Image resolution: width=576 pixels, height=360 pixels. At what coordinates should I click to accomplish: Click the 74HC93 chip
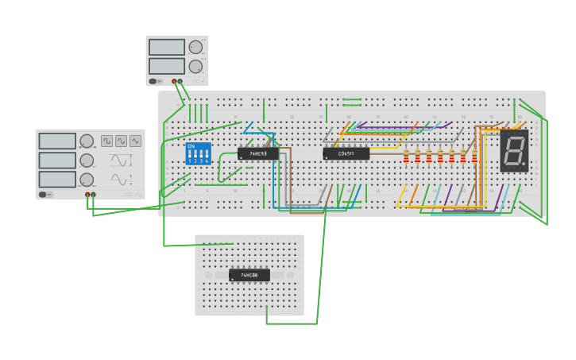point(258,153)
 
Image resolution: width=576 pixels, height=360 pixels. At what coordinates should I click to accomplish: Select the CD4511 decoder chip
point(346,153)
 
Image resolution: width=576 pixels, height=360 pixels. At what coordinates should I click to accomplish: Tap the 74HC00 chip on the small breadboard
point(249,275)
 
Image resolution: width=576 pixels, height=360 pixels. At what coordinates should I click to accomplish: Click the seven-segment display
point(514,150)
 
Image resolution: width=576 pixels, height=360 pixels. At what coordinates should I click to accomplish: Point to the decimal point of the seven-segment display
point(524,164)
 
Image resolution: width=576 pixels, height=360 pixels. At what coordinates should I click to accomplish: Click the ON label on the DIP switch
point(191,146)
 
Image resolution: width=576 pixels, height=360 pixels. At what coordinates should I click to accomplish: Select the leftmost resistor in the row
point(406,157)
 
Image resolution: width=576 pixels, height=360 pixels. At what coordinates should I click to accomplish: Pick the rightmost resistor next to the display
point(474,157)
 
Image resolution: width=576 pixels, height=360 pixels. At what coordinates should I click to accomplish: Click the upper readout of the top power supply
point(166,48)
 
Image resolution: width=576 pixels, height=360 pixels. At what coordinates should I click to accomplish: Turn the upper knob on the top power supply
point(195,47)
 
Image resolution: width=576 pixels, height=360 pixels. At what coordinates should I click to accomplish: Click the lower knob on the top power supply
point(195,66)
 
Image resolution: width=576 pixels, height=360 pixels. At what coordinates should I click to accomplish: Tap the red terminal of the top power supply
point(174,81)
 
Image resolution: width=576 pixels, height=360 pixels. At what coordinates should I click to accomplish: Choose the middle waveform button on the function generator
point(121,141)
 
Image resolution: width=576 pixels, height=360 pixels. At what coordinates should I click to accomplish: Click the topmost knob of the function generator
point(87,141)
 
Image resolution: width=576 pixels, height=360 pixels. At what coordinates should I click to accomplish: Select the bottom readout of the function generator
point(57,180)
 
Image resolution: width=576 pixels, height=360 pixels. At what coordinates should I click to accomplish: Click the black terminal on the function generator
point(93,195)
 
